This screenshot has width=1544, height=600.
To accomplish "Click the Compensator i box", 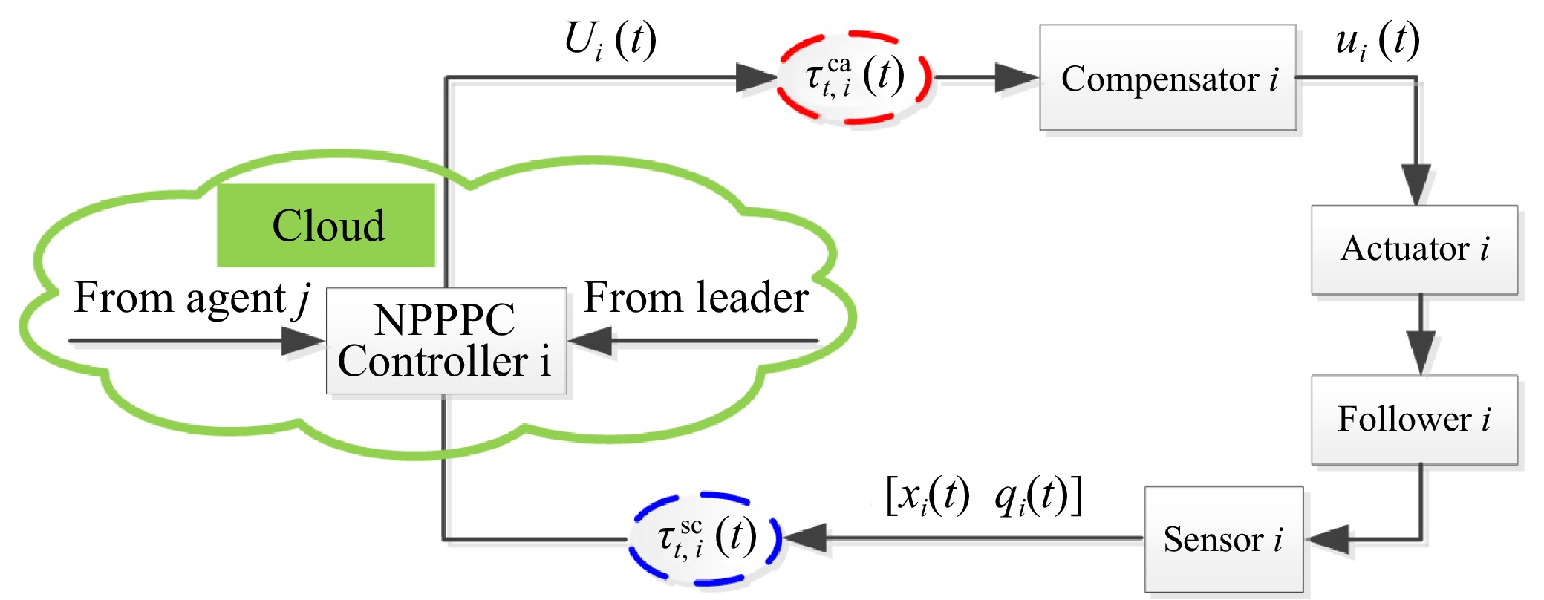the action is click(1167, 78).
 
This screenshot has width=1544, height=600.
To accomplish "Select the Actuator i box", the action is click(1414, 250).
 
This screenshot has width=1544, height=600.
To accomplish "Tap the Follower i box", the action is click(1414, 420).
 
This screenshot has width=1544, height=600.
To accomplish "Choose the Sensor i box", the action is click(1223, 538).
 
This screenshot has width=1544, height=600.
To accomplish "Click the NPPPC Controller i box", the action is click(446, 341).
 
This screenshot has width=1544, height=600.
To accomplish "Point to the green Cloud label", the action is click(326, 225).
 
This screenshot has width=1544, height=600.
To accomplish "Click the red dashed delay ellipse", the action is click(854, 77).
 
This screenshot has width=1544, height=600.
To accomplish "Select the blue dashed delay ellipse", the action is click(705, 538).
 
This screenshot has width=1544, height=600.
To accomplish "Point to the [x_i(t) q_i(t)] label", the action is click(984, 495).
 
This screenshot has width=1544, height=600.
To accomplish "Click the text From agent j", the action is click(192, 299).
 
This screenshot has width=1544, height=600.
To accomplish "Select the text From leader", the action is click(696, 297).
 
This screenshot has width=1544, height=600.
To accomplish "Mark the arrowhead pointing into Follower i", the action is click(1421, 353).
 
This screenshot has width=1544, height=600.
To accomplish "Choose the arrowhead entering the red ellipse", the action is click(757, 77).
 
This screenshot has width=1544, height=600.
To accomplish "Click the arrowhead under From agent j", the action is click(304, 341).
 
